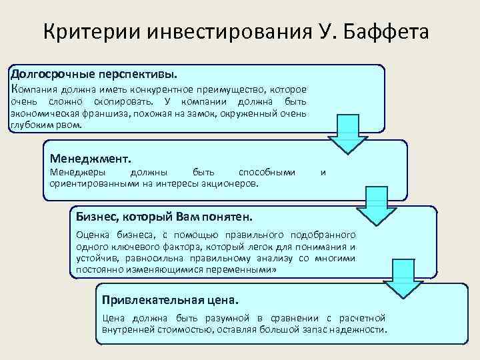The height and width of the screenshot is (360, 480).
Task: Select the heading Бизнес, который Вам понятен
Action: pos(164,217)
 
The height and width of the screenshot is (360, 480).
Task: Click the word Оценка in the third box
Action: pos(92,235)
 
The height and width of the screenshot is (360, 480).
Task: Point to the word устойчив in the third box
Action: pos(95,259)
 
